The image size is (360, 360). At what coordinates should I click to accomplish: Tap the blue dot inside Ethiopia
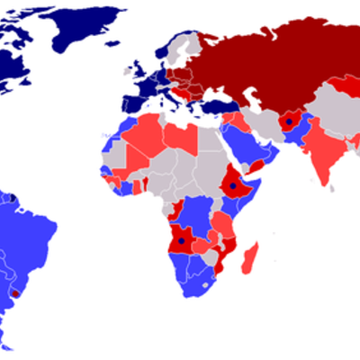[x=233, y=186]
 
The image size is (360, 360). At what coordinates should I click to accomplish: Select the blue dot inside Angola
[x=181, y=241]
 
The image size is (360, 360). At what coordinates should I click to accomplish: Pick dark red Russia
[x=270, y=63]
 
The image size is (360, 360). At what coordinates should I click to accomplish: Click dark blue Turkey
[x=216, y=106]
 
